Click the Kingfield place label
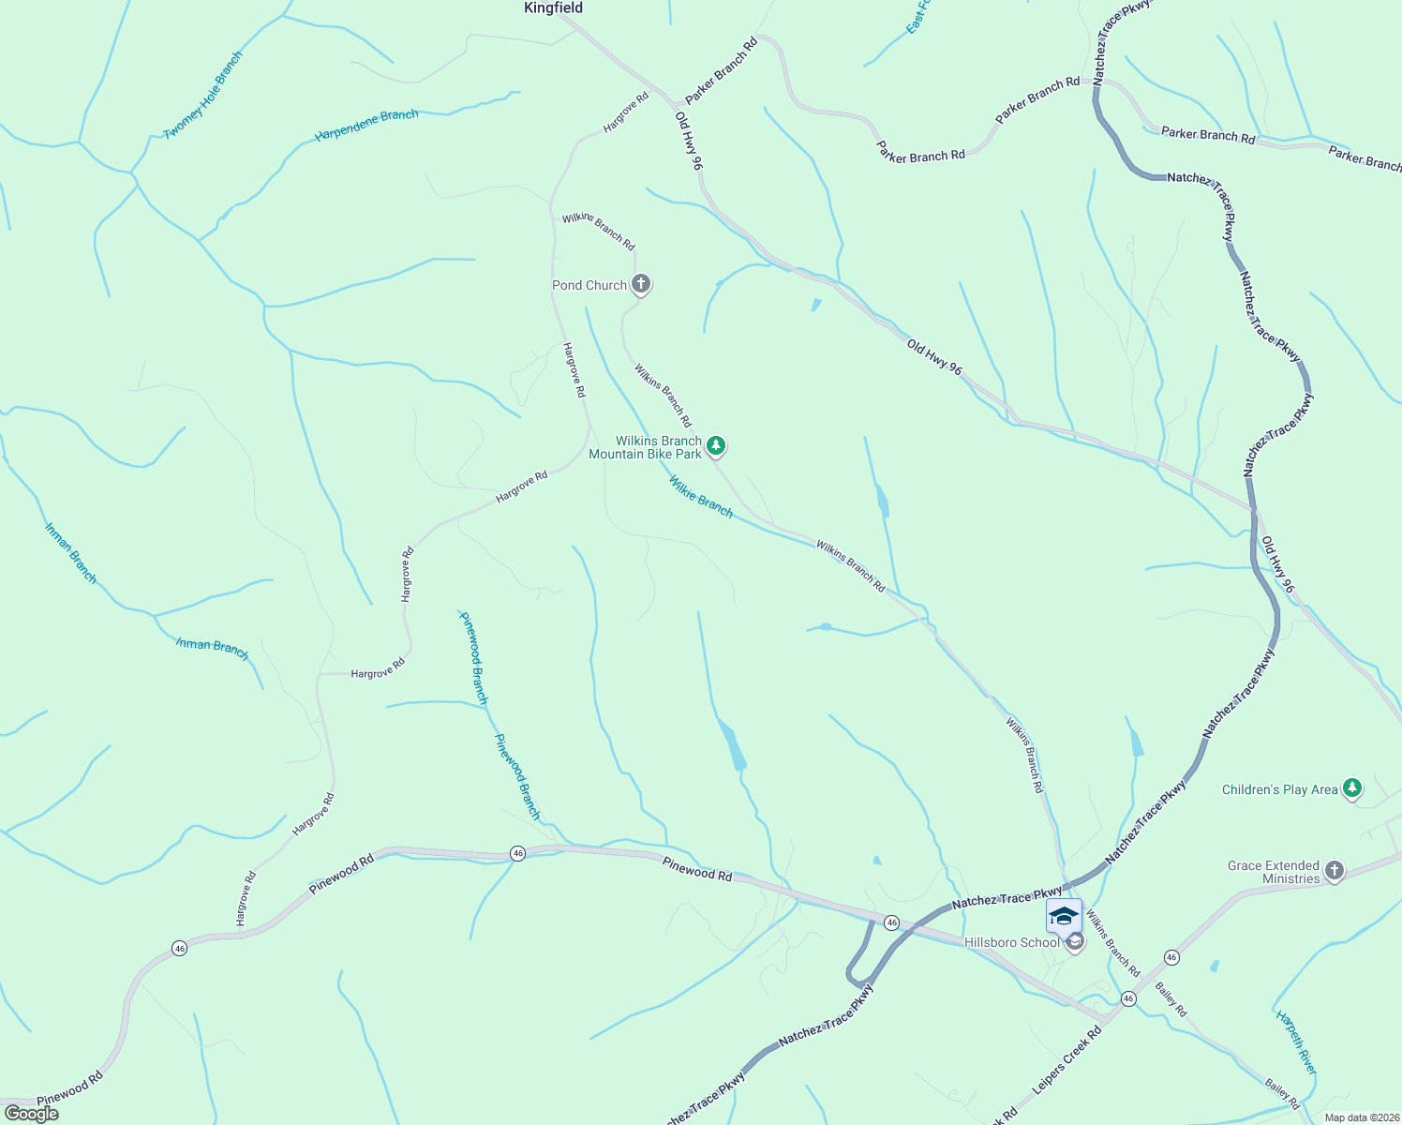click(x=553, y=8)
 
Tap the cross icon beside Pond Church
click(x=641, y=284)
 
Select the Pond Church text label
click(x=589, y=285)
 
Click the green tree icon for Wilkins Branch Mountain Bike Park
click(x=716, y=446)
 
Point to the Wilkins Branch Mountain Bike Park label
click(x=645, y=447)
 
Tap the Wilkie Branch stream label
click(x=700, y=496)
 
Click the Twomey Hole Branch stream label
click(x=203, y=95)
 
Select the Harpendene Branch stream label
click(x=366, y=125)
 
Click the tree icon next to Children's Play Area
click(x=1351, y=788)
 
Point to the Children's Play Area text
click(x=1279, y=789)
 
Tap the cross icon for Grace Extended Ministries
click(x=1335, y=871)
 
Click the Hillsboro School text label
click(x=1011, y=942)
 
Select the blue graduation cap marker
click(x=1064, y=915)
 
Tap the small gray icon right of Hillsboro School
click(x=1075, y=942)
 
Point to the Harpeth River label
click(x=1296, y=1042)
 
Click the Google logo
click(x=31, y=1114)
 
